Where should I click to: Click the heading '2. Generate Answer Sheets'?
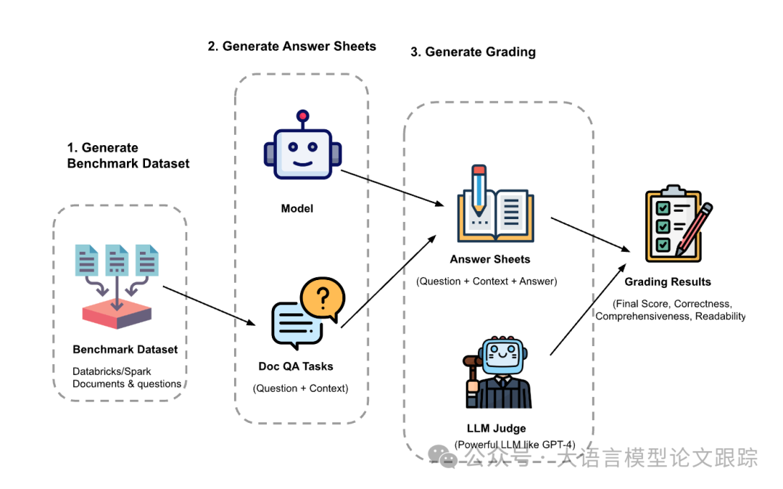pyautogui.click(x=291, y=46)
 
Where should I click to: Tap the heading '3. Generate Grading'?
pyautogui.click(x=473, y=52)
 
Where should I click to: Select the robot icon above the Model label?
pyautogui.click(x=302, y=145)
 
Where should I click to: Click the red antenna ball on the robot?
pyautogui.click(x=302, y=116)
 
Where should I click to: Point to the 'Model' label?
pyautogui.click(x=297, y=209)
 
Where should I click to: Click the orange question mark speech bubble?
pyautogui.click(x=323, y=298)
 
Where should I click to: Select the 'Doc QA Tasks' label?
pyautogui.click(x=296, y=366)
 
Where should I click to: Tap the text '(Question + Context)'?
pyautogui.click(x=301, y=389)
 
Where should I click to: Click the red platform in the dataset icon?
pyautogui.click(x=117, y=315)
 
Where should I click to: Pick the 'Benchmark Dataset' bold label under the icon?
pyautogui.click(x=125, y=350)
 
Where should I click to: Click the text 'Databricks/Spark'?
pyautogui.click(x=112, y=371)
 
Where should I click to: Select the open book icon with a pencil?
pyautogui.click(x=495, y=205)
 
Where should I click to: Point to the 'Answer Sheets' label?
pyautogui.click(x=490, y=260)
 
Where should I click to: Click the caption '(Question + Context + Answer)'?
pyautogui.click(x=486, y=282)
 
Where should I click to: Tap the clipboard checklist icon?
pyautogui.click(x=678, y=223)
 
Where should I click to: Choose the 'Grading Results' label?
pyautogui.click(x=668, y=282)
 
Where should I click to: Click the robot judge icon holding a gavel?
pyautogui.click(x=497, y=372)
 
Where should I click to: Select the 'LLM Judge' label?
pyautogui.click(x=497, y=429)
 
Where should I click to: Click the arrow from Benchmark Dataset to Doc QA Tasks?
pyautogui.click(x=210, y=306)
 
